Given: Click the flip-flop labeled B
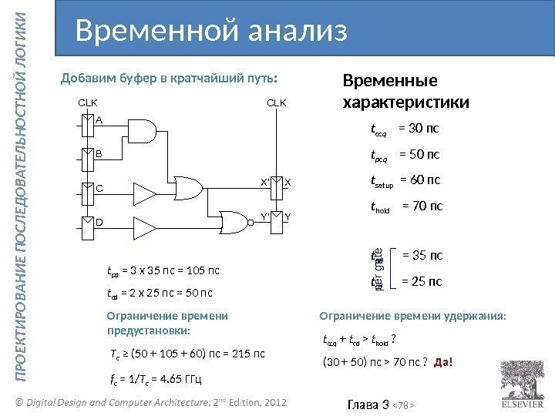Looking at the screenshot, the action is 90,159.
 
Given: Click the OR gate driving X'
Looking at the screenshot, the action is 190,188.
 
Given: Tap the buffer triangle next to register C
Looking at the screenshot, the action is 144,193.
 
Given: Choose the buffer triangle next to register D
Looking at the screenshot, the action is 144,227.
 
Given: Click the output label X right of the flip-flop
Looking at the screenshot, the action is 288,182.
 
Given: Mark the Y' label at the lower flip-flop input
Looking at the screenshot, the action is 266,216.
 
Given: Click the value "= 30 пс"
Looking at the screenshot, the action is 418,128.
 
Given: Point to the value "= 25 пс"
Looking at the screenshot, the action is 422,282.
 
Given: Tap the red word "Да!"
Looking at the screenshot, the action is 444,363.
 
